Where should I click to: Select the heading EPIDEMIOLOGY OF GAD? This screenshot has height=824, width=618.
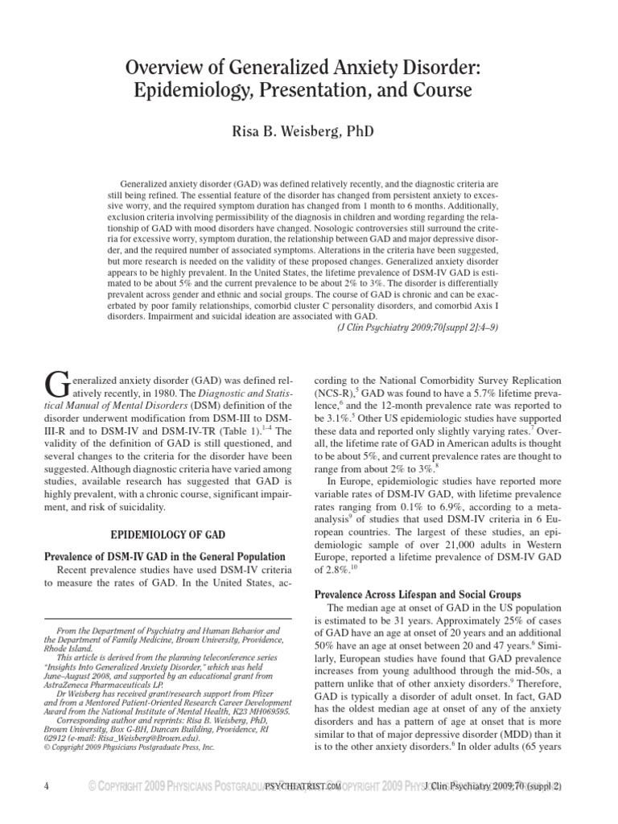click(167, 534)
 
